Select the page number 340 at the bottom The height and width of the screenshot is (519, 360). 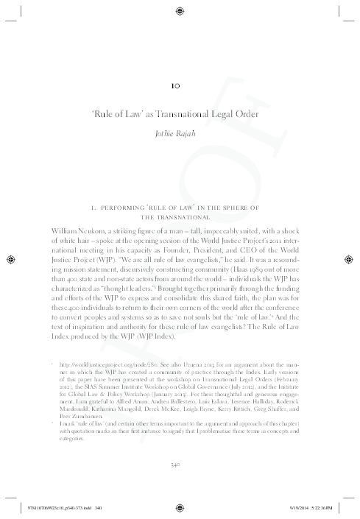(x=180, y=465)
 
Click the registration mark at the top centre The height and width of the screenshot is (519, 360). (x=180, y=10)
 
